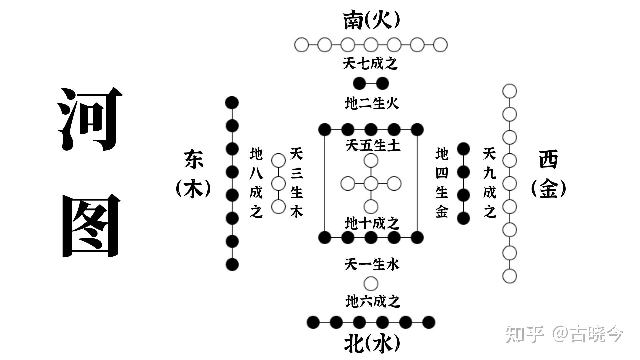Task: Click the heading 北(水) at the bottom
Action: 371,343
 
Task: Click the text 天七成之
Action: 370,63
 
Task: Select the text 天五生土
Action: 372,146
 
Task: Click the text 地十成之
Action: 372,223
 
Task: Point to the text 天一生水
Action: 371,265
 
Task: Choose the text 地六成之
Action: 372,302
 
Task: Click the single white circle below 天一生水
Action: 371,284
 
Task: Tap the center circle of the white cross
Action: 371,183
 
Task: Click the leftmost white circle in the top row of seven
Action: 302,45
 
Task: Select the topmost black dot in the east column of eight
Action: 232,103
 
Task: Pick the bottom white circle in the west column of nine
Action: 509,276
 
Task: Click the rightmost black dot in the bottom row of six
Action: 429,322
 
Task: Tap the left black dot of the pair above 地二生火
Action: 359,83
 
